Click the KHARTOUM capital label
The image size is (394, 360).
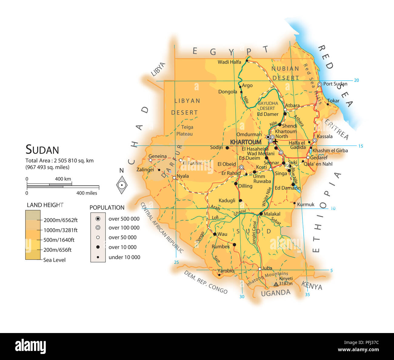coord(245,142)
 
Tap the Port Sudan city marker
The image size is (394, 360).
coord(319,84)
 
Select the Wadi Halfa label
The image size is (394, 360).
coord(229,62)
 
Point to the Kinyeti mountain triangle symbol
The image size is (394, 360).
coord(276,284)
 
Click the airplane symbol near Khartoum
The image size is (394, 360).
coord(275,141)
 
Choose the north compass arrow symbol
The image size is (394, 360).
coord(122,185)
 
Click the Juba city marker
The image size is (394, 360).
coord(259,269)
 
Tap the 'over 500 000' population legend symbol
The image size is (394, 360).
coord(98,219)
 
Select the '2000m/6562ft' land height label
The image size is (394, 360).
coord(61,220)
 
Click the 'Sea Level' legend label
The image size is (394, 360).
coord(54,260)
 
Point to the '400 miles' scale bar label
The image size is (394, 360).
coord(87,193)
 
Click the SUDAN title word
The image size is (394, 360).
coord(42,150)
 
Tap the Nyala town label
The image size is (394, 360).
coord(183,176)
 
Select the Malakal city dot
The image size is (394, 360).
coord(261,214)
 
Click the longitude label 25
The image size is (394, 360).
coord(176,262)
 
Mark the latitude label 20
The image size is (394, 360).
coord(356,80)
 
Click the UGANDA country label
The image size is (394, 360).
coord(275,293)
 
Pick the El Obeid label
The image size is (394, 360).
coord(227,164)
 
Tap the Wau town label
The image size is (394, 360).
coord(222,234)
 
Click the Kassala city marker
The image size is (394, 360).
coord(315,140)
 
